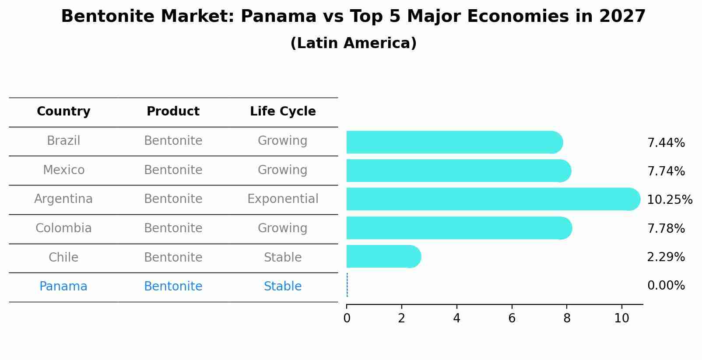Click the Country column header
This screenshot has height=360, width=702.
[63, 112]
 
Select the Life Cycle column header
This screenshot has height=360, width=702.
[283, 112]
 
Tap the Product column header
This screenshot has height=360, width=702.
[173, 112]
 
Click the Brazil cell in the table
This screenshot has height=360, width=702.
[63, 141]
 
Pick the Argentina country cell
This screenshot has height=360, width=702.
[63, 199]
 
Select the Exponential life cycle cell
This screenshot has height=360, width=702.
[283, 199]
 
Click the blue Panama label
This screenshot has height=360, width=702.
[63, 287]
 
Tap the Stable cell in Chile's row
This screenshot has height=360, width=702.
[283, 258]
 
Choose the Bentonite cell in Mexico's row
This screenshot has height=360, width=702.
[173, 170]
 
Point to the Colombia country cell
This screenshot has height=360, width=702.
[63, 228]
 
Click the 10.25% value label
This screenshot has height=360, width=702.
[670, 200]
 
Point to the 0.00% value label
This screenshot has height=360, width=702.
[666, 286]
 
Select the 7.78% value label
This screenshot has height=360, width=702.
[666, 228]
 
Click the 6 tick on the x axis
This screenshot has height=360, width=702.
[512, 318]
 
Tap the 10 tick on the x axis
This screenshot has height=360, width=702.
[621, 318]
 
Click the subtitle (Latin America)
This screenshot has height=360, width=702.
[353, 43]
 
